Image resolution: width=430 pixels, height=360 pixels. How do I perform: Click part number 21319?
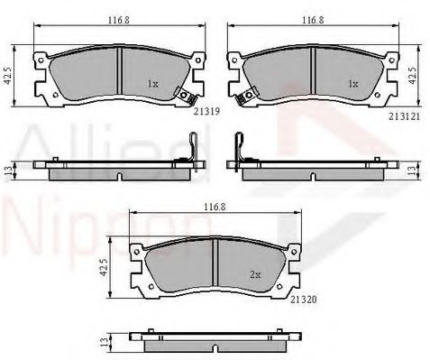point(206,111)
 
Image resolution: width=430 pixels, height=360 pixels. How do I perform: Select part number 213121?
point(404,116)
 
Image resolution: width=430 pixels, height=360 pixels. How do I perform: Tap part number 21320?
point(304,300)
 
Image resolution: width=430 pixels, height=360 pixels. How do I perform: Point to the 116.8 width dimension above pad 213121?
point(313,20)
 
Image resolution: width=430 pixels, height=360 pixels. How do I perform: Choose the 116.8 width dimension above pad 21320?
point(215,207)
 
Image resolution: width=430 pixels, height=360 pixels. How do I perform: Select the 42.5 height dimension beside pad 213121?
point(414,75)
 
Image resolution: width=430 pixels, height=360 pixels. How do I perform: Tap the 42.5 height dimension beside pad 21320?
point(104,267)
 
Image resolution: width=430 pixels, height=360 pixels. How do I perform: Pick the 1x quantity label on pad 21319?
point(152,84)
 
